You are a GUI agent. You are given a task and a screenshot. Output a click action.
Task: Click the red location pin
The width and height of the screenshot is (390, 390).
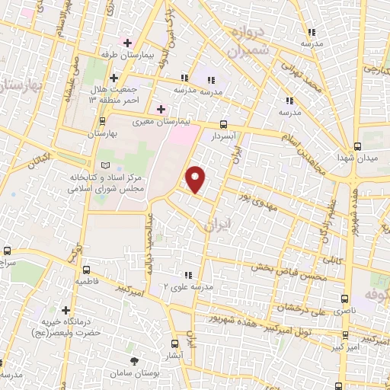point(197,179)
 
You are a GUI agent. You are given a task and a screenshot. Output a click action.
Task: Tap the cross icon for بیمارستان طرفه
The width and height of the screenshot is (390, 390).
point(126,43)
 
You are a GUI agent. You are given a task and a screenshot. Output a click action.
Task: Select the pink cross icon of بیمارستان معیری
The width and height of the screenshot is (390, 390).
point(161,109)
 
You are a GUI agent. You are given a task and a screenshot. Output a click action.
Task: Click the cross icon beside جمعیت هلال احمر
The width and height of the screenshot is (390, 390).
point(113,78)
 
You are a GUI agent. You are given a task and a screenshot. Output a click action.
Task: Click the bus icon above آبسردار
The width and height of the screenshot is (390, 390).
point(222,123)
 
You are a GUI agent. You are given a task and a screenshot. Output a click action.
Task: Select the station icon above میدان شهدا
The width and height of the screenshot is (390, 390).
point(358,147)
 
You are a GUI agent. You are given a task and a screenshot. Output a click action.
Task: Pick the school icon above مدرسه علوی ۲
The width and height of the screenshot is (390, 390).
point(187,275)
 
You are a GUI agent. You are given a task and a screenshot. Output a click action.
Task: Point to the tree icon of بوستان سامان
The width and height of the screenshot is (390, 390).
point(135,361)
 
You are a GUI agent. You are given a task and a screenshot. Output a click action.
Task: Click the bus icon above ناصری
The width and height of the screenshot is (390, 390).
point(345,299)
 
